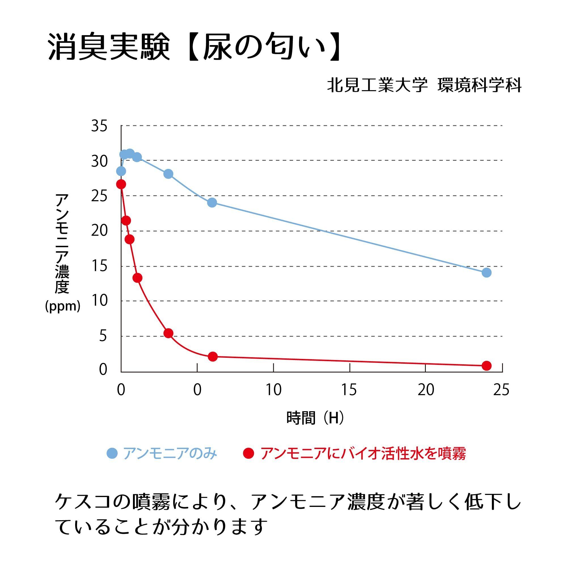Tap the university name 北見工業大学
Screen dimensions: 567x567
click(x=377, y=85)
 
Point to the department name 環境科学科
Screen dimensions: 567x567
click(x=480, y=85)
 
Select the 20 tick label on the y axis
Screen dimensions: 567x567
click(x=99, y=231)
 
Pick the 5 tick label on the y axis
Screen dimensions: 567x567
click(x=103, y=336)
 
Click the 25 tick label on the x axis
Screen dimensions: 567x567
click(x=501, y=390)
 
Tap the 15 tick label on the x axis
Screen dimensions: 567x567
click(x=349, y=390)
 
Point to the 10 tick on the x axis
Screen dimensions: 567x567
click(x=274, y=390)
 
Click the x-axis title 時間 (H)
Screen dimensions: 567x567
click(x=315, y=418)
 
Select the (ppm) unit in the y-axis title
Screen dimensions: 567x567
click(x=62, y=306)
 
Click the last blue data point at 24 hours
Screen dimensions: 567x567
click(x=486, y=273)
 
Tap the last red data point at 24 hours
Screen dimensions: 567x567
click(x=486, y=366)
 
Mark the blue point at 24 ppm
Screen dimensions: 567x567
click(x=212, y=202)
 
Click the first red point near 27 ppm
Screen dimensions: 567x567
click(x=121, y=184)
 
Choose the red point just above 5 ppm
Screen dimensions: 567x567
click(x=168, y=333)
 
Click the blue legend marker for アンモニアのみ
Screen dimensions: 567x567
click(x=112, y=453)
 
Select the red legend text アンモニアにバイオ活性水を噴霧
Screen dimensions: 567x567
click(x=363, y=453)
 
